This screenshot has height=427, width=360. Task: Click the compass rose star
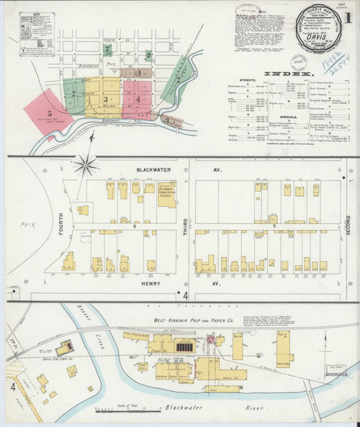coord(86,166)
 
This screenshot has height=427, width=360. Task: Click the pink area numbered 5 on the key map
coord(48,112)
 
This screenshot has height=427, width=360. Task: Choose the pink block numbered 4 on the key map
coord(136,99)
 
